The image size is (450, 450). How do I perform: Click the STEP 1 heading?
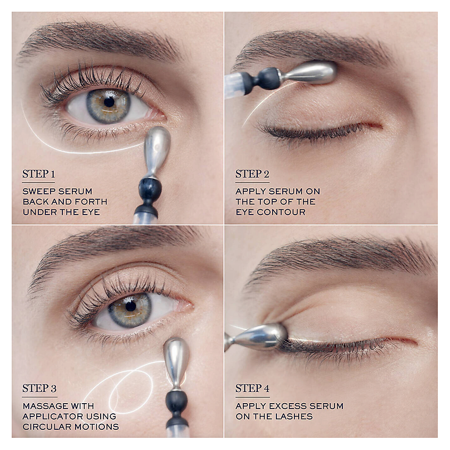tap(38, 174)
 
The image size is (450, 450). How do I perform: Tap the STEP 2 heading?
tap(252, 174)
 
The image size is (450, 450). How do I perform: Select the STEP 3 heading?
tap(39, 388)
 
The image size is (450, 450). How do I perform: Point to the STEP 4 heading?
tap(252, 388)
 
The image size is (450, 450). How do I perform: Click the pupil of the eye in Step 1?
tap(109, 102)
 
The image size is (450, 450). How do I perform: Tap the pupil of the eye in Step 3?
tap(130, 306)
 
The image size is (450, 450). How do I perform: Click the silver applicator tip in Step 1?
tap(157, 151)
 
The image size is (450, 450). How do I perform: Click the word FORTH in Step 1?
tap(93, 202)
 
